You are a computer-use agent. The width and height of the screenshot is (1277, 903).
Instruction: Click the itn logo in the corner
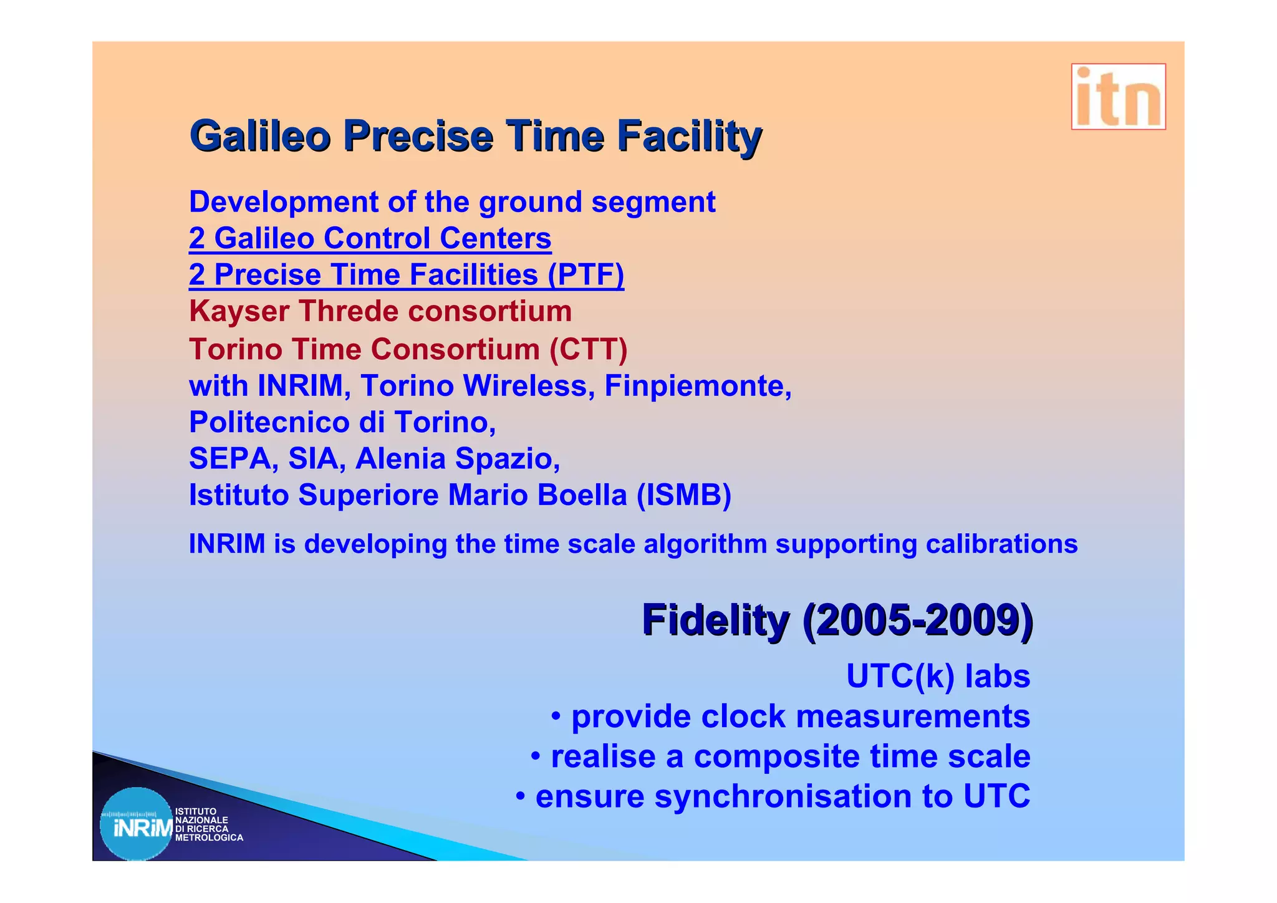click(1118, 97)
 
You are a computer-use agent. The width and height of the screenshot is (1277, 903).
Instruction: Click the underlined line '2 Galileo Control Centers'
click(370, 238)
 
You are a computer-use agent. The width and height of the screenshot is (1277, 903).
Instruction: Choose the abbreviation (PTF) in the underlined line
click(585, 275)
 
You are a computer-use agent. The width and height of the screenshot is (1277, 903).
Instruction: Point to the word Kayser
click(239, 311)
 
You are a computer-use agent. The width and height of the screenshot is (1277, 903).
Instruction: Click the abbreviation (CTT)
click(588, 349)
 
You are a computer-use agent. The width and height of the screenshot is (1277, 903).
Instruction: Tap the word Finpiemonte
click(697, 385)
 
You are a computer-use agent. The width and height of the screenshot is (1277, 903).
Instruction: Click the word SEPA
click(229, 458)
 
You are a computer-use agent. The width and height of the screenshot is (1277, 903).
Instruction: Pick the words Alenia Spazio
click(457, 458)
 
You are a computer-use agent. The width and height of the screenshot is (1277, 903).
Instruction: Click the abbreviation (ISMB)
click(683, 495)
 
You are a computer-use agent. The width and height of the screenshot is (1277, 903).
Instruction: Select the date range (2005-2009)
click(917, 620)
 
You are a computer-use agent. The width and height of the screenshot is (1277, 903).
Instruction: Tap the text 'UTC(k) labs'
click(937, 676)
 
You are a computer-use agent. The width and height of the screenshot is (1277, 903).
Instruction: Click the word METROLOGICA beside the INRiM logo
click(209, 838)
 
